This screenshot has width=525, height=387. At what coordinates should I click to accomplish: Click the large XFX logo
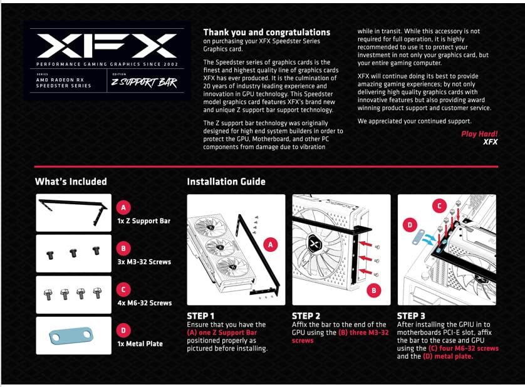[x=107, y=46]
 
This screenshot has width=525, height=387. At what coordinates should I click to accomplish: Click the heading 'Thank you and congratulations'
[x=266, y=32]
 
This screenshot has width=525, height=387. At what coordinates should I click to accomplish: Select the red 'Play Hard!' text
[x=479, y=134]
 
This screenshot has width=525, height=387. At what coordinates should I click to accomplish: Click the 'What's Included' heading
[x=71, y=182]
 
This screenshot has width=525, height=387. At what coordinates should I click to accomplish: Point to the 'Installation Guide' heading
[x=226, y=182]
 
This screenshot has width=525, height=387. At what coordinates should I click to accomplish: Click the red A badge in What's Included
[x=124, y=207]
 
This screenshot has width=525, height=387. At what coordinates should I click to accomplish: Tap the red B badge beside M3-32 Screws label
[x=124, y=248]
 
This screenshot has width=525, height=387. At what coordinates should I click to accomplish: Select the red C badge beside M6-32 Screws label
[x=124, y=289]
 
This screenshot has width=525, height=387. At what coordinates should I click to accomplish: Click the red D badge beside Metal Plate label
[x=124, y=330]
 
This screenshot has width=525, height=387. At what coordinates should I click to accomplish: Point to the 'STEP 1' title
[x=200, y=316]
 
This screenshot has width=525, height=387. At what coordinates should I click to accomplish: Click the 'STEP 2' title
[x=306, y=316]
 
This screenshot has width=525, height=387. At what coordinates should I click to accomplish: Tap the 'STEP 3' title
[x=411, y=316]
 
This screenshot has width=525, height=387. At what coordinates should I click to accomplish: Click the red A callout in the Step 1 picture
[x=271, y=245]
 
